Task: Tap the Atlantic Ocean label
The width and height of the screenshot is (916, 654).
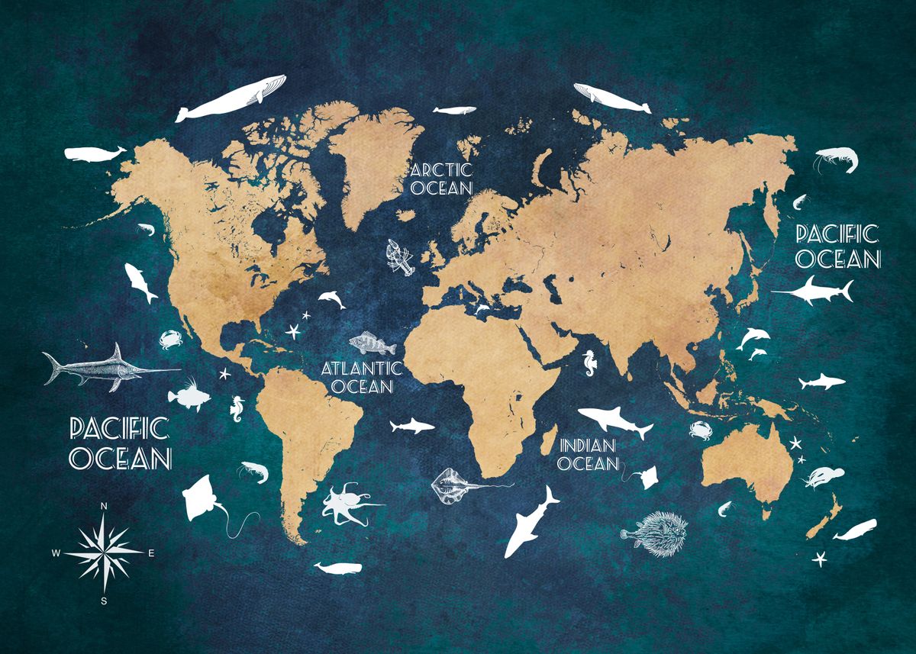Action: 361,377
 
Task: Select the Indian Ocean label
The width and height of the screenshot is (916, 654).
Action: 589,454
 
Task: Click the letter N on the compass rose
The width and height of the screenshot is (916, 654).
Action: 103,507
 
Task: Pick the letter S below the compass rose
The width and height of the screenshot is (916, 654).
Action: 104,601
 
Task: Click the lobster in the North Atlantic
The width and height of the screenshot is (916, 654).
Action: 399,258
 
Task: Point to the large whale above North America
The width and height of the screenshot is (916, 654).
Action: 231,98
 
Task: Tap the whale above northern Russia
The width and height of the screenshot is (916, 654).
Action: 611,97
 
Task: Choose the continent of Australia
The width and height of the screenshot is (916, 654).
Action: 744,462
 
